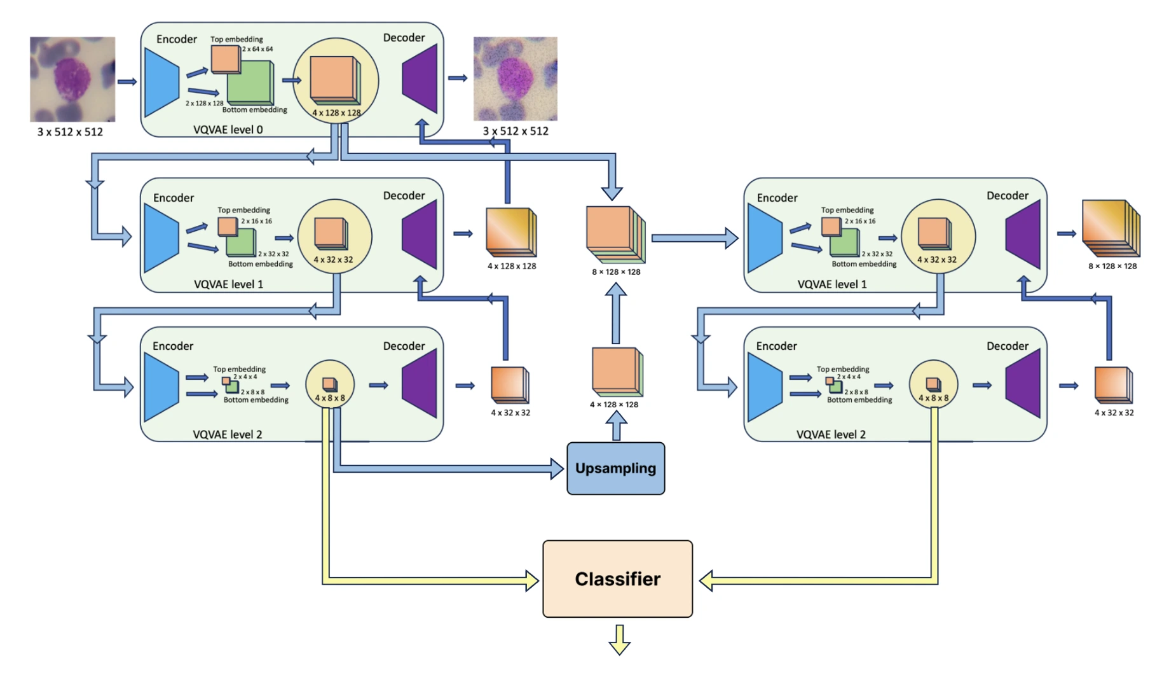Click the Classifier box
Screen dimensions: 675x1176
617,578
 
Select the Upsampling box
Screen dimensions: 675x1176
615,468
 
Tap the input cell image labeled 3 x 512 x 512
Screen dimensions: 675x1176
72,79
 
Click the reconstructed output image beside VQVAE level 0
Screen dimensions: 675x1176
515,78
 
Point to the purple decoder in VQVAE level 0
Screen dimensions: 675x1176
420,79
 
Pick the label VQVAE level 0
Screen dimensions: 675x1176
228,129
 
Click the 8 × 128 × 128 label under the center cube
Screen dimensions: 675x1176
616,272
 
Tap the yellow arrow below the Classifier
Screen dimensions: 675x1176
619,639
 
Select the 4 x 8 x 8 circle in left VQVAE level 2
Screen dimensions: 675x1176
329,385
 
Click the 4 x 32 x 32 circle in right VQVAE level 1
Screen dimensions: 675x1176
937,237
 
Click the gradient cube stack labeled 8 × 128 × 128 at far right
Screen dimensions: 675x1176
1111,229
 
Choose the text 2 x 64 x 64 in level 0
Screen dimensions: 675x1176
257,49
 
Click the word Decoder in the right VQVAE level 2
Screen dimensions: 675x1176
1007,346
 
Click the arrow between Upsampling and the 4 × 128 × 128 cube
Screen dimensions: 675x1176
615,425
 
